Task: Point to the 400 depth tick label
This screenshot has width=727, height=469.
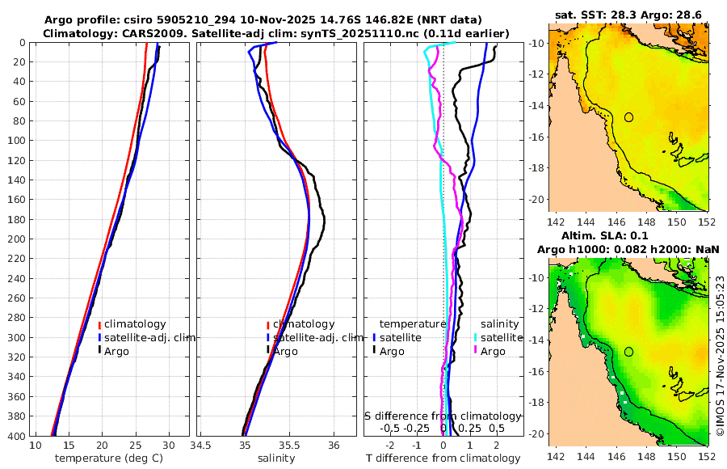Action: coord(15,436)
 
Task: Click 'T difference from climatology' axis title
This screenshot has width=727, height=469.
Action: coord(443,458)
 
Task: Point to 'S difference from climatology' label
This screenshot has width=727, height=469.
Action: coord(443,415)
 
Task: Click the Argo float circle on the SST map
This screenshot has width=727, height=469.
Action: coord(629,117)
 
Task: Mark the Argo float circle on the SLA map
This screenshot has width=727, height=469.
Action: coord(629,352)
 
